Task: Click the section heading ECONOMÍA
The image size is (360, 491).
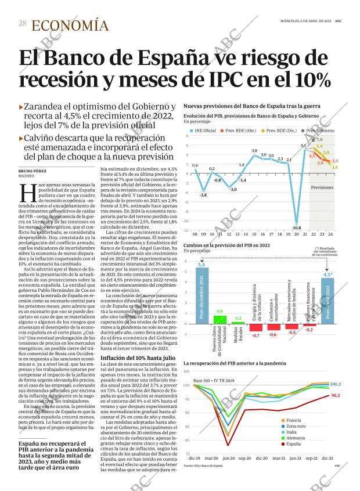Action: pyautogui.click(x=70, y=25)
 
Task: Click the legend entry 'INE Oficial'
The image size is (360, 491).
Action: pyautogui.click(x=203, y=130)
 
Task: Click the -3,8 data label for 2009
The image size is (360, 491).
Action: pyautogui.click(x=203, y=195)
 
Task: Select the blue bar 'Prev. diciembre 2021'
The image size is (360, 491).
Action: pyautogui.click(x=202, y=295)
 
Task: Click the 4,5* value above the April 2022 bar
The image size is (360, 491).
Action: pyautogui.click(x=327, y=275)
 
